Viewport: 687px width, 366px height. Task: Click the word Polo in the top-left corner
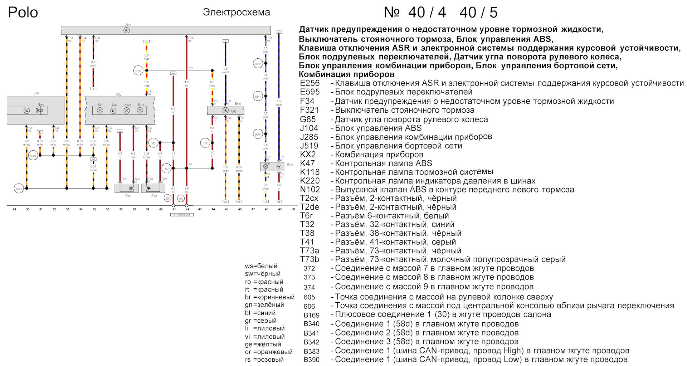point(23,13)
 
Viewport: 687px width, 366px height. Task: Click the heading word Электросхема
point(236,12)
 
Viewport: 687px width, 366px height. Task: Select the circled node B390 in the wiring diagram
point(33,156)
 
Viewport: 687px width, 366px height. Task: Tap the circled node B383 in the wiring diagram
point(19,189)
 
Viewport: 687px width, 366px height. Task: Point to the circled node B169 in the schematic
point(138,71)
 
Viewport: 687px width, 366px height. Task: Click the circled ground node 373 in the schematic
point(154,143)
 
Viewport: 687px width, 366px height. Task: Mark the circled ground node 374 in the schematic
point(205,143)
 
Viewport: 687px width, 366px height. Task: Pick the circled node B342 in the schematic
point(258,64)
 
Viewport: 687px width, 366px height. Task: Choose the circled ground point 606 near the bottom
point(167,198)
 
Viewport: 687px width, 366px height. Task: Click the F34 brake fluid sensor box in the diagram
point(126,188)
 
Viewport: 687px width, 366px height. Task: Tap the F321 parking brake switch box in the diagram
point(153,188)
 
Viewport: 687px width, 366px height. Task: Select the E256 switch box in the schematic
point(272,166)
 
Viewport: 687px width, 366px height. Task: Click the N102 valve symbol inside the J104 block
point(39,111)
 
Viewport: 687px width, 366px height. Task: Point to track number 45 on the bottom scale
point(226,209)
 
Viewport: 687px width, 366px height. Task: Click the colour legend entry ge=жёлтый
point(263,344)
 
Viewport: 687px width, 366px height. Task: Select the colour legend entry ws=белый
point(261,266)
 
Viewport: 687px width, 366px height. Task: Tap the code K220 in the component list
point(310,181)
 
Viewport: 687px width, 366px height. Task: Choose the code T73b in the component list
point(310,259)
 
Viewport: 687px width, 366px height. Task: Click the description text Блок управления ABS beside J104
point(378,128)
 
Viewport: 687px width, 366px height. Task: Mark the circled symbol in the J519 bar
point(126,30)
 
